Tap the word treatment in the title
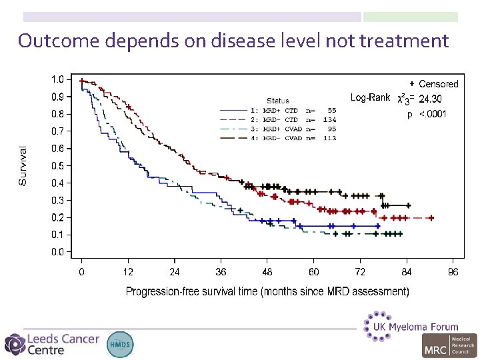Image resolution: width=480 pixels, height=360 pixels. point(404,41)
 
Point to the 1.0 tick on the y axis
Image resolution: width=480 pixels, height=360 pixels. point(58,79)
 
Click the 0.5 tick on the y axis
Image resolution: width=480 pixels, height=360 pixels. point(58,165)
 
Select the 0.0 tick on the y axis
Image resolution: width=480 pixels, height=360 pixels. point(58,252)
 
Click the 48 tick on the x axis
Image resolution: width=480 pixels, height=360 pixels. point(267,272)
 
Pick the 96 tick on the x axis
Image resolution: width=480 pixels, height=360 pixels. point(453,272)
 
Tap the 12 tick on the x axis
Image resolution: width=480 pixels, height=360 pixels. point(128,272)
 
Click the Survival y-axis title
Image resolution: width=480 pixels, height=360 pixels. point(23,166)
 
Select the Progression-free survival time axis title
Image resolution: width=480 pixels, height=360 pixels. point(267,291)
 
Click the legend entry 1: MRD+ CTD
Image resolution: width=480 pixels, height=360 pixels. point(293,110)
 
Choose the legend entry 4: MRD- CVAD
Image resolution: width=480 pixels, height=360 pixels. point(293,138)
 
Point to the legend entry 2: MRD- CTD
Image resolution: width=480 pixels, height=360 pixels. point(293,119)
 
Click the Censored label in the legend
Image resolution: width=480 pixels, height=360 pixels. point(438,84)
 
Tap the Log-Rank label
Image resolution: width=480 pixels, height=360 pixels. point(370,97)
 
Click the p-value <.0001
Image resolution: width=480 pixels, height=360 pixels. point(433,114)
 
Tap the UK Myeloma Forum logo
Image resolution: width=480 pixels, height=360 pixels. point(411,325)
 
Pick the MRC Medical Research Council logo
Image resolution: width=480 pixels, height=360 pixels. point(449,345)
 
